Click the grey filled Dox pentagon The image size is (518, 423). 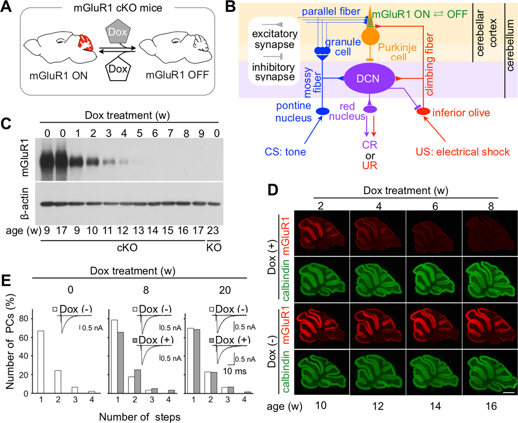[x=117, y=32]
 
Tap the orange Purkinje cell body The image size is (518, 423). [x=370, y=37]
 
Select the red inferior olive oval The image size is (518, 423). [x=424, y=112]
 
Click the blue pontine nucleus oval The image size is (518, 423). [x=322, y=111]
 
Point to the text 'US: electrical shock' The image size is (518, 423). [x=462, y=152]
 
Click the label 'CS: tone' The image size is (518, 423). [x=285, y=152]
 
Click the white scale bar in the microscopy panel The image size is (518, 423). [x=508, y=392]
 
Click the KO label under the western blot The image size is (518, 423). [x=214, y=247]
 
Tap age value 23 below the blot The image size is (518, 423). [x=213, y=230]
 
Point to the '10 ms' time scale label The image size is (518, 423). [x=235, y=371]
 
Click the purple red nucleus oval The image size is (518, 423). [x=370, y=109]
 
